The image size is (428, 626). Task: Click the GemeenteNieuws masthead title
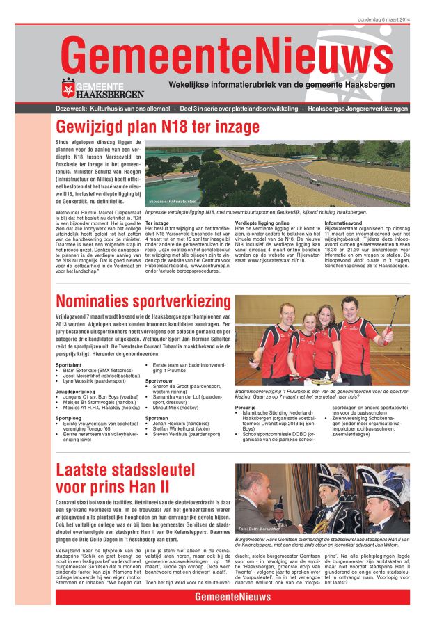pos(226,54)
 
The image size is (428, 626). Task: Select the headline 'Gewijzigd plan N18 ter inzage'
pos(163,127)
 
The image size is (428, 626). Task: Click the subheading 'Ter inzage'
pos(157,223)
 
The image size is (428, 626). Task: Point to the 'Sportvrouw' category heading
pos(159,380)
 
